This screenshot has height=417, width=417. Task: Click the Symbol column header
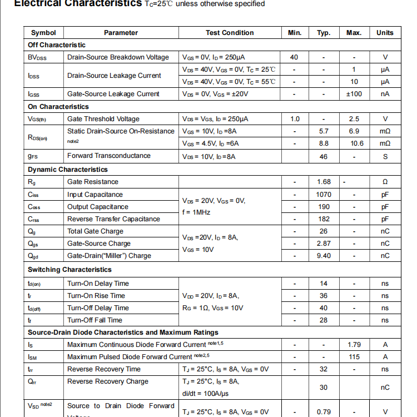(43, 33)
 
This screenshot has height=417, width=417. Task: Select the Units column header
(385, 33)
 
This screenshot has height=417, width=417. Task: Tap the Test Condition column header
(230, 33)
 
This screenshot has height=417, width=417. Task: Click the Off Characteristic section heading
(57, 45)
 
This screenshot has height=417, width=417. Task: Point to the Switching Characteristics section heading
(69, 270)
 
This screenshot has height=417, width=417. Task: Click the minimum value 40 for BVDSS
(294, 57)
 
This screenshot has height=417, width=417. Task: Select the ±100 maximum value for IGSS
(354, 94)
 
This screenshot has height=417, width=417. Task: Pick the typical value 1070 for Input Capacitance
(324, 195)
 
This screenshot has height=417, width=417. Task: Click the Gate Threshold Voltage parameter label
(103, 119)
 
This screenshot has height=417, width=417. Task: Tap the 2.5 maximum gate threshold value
(354, 119)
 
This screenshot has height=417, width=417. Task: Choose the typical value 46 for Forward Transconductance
(324, 156)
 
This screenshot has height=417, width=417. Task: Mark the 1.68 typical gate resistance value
(324, 182)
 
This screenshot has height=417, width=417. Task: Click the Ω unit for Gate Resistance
(385, 182)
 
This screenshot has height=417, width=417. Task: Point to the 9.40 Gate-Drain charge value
(324, 256)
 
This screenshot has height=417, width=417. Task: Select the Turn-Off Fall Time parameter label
(95, 320)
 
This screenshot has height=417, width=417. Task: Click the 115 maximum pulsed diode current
(354, 357)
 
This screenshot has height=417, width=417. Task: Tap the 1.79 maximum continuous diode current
(354, 345)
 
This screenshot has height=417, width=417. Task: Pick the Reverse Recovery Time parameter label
(104, 369)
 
